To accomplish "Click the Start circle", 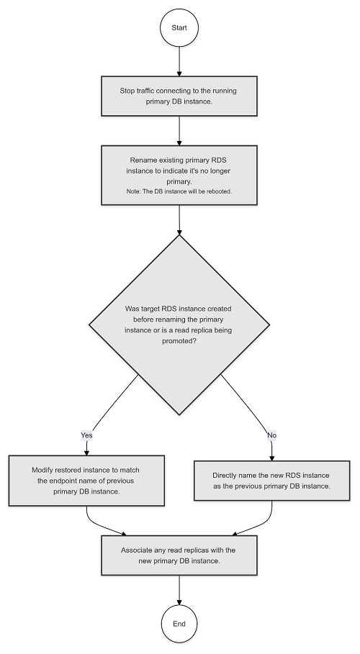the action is pos(179,28).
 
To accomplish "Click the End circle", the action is pos(179,624).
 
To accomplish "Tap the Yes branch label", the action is pos(86,435).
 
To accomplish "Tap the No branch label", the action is pos(272,435).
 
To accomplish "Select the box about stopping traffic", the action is pos(179,96).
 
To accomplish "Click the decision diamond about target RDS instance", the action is pos(179,325).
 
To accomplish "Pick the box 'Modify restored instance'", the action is pos(86,481).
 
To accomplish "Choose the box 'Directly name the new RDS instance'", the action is pos(272,481).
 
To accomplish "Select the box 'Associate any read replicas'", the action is pos(179,555).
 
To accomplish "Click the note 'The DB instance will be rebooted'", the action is pos(179,191).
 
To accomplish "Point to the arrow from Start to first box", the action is pos(179,61).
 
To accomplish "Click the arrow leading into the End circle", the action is pos(179,591).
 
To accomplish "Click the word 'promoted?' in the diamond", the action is pos(179,341).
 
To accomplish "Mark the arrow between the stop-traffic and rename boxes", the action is pos(179,130).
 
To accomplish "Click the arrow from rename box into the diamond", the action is pos(179,220).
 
